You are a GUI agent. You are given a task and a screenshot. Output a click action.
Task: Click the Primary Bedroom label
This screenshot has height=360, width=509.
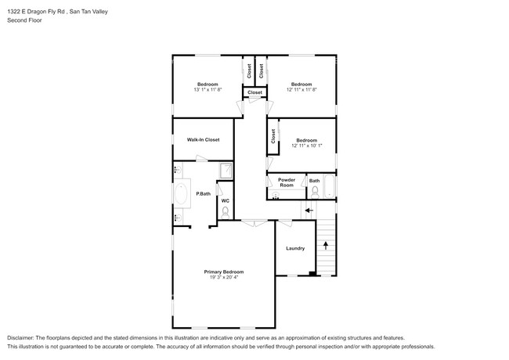[224, 272]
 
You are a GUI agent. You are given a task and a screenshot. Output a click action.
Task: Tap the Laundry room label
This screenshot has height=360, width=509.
[295, 248]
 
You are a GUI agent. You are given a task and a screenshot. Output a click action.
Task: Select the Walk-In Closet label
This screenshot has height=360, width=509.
[204, 140]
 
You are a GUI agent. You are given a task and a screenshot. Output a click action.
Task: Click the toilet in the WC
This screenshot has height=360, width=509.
[226, 213]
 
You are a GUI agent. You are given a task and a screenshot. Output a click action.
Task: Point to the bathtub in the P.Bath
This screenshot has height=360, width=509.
[181, 193]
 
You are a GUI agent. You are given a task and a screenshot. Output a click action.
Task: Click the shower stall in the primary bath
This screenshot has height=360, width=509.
[226, 171]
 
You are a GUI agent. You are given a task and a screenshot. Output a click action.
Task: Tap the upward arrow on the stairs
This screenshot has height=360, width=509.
[326, 245]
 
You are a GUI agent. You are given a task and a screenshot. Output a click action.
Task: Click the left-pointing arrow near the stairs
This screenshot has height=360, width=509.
[309, 211]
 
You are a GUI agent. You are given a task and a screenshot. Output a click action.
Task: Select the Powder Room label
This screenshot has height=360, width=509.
[287, 182]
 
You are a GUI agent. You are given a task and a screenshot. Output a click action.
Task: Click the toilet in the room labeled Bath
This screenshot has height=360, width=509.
[315, 193]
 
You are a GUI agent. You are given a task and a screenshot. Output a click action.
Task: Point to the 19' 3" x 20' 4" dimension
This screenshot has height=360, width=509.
[224, 277]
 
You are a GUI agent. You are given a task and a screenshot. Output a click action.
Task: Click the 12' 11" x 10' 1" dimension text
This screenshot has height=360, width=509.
[307, 146]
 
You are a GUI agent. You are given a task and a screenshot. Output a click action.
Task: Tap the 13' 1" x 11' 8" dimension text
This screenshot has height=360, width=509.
[208, 89]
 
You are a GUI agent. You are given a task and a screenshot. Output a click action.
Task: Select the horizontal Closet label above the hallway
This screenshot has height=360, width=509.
[254, 92]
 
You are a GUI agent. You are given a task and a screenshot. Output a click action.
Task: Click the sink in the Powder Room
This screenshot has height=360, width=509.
[276, 195]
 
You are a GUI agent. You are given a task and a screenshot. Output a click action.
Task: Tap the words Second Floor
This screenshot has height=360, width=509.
[25, 20]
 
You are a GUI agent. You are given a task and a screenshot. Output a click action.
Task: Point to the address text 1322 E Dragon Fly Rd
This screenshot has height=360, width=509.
[36, 12]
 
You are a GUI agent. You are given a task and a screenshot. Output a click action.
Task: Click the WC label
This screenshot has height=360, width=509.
[226, 201]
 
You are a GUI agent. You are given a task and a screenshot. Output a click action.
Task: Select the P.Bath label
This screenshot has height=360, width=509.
[204, 194]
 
